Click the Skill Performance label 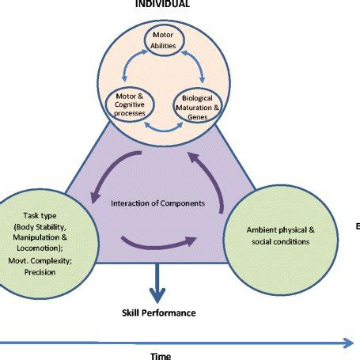click(159, 313)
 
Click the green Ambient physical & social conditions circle click(276, 234)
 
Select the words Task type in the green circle click(32, 214)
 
